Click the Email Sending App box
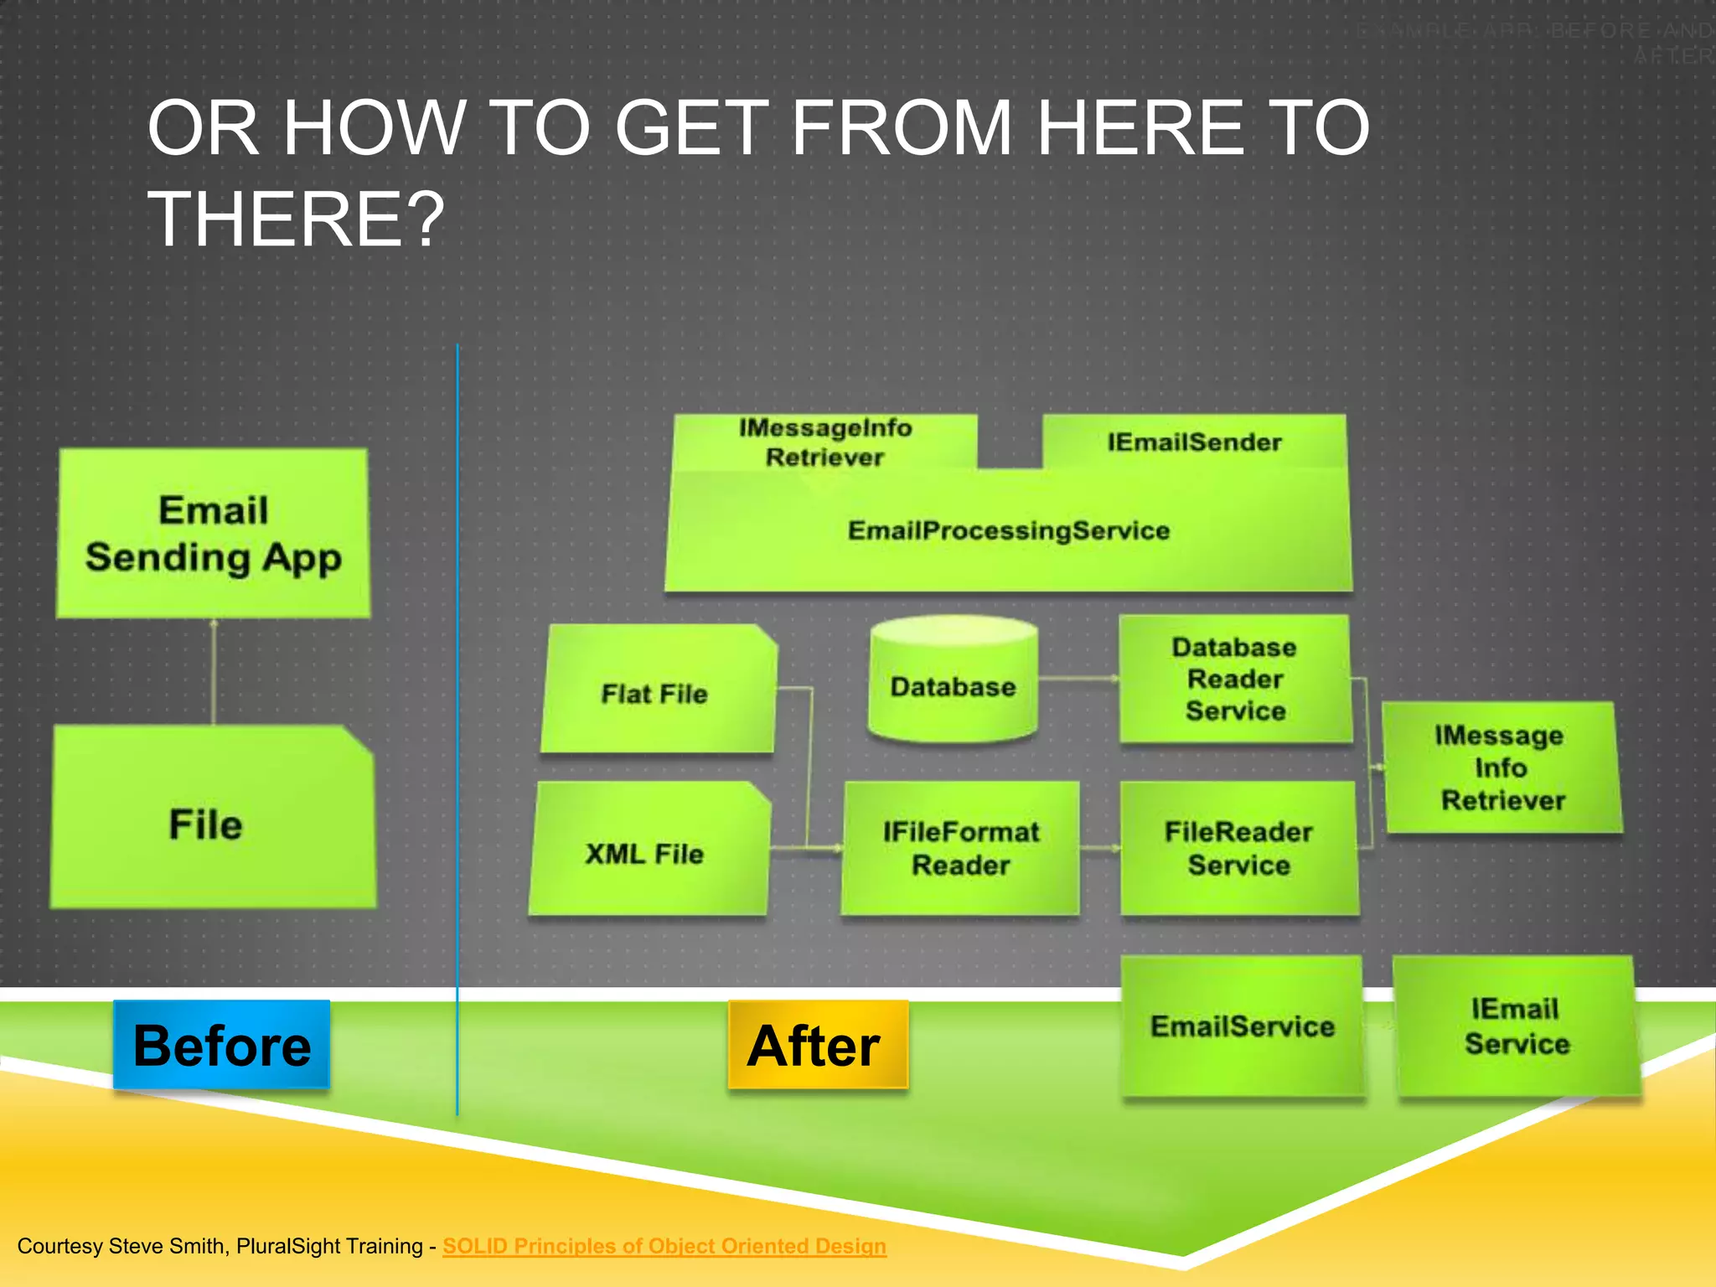point(213,534)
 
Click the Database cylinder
point(954,682)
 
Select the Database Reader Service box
point(1235,679)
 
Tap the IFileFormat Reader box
point(960,848)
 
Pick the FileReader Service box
point(1238,848)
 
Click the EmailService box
point(1243,1026)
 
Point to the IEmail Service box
point(1516,1026)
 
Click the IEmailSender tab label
point(1194,442)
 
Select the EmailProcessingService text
point(1009,530)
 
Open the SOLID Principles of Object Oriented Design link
point(664,1246)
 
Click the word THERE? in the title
point(296,220)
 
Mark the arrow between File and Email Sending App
point(214,671)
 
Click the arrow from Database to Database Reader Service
point(1078,679)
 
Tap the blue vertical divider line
point(457,729)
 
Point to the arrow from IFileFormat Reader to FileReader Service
point(1099,848)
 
